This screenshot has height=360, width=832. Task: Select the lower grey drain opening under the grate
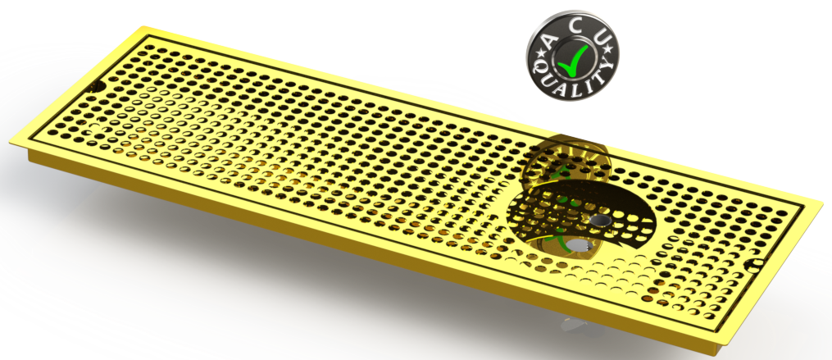tap(580, 245)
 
